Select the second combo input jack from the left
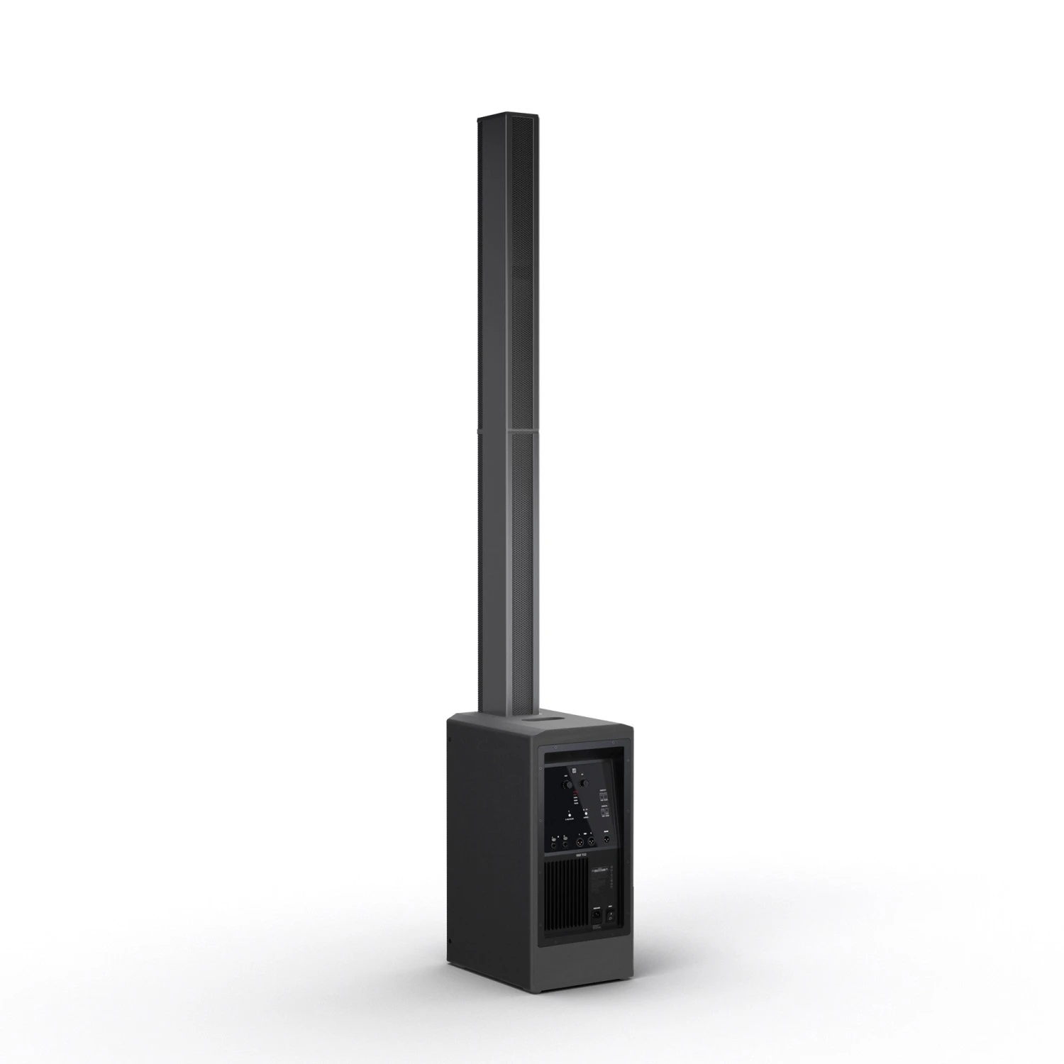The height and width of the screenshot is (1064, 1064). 565,843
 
